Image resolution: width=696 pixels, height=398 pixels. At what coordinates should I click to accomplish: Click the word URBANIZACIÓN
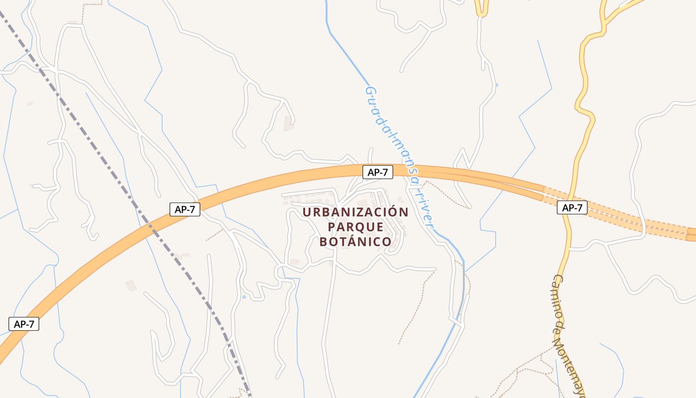click(x=355, y=212)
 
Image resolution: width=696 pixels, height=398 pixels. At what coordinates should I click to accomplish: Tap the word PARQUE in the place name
click(x=355, y=227)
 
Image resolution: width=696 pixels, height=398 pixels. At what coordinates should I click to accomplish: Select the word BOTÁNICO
click(x=355, y=242)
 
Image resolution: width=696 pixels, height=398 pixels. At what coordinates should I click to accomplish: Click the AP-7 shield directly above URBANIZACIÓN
click(x=378, y=172)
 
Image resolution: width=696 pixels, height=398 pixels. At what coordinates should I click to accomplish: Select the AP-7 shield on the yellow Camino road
click(x=572, y=207)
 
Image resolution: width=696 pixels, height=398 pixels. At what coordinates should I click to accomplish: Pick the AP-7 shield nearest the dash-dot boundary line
click(x=185, y=209)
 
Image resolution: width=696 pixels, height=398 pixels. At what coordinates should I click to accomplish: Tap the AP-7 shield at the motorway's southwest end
click(x=24, y=324)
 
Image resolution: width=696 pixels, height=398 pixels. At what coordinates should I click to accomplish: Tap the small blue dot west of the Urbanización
click(x=244, y=297)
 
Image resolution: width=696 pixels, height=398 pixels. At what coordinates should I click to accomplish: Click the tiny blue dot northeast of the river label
click(x=496, y=85)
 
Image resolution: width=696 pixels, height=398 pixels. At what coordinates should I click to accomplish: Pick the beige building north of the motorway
click(x=288, y=123)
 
